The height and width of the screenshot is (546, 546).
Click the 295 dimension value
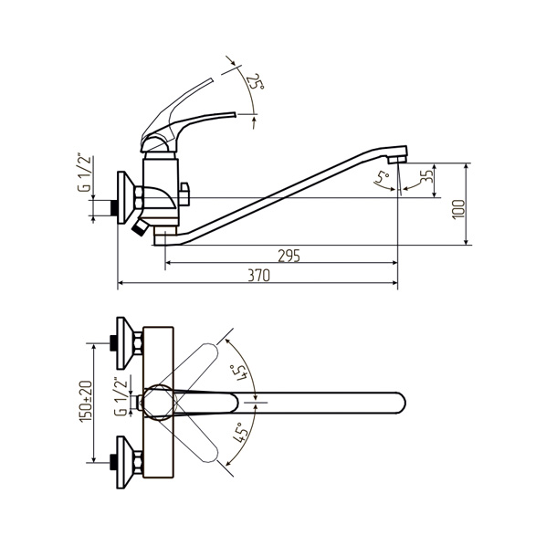point(289,256)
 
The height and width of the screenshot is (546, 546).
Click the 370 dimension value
point(258,276)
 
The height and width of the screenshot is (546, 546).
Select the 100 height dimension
point(459,209)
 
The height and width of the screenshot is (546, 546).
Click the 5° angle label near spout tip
point(382,177)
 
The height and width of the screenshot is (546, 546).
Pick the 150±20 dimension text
point(86,402)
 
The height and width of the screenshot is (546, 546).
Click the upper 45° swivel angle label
point(240,373)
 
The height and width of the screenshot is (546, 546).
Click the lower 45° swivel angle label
point(239,433)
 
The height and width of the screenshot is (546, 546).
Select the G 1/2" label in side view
point(84,173)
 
